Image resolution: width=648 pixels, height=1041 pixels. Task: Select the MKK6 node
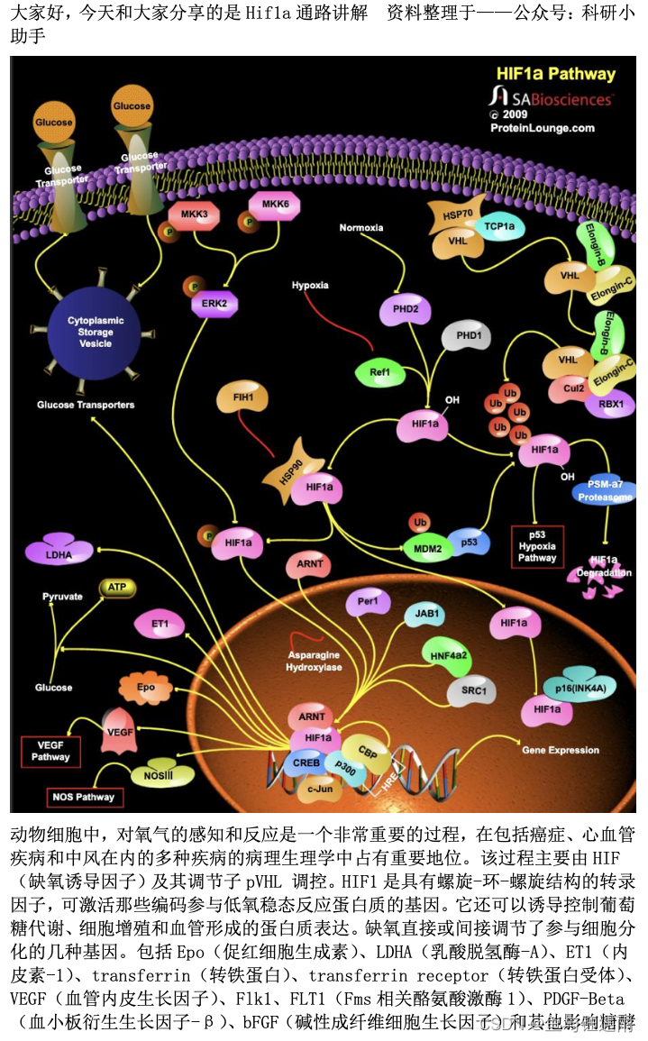point(274,205)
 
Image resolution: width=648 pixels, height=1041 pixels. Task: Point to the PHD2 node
point(405,309)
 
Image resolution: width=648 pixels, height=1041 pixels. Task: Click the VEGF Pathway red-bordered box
point(50,751)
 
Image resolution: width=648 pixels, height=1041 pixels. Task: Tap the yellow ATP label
point(117,587)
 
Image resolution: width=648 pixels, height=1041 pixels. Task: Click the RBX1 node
point(611,405)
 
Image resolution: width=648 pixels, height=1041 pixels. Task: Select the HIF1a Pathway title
point(556,75)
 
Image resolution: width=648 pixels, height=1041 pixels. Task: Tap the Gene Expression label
point(561,750)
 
